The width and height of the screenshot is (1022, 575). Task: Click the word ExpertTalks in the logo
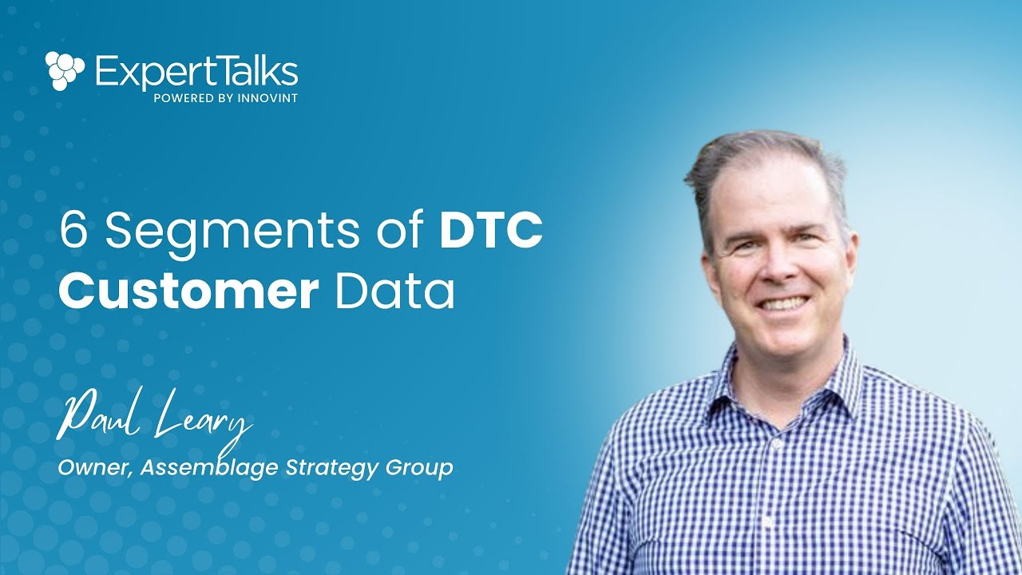(196, 73)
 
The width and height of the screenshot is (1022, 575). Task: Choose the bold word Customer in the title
(188, 292)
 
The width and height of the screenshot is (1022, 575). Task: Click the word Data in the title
(395, 292)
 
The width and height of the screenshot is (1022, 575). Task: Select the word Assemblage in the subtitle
(210, 468)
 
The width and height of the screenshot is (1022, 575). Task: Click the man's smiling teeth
(782, 304)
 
